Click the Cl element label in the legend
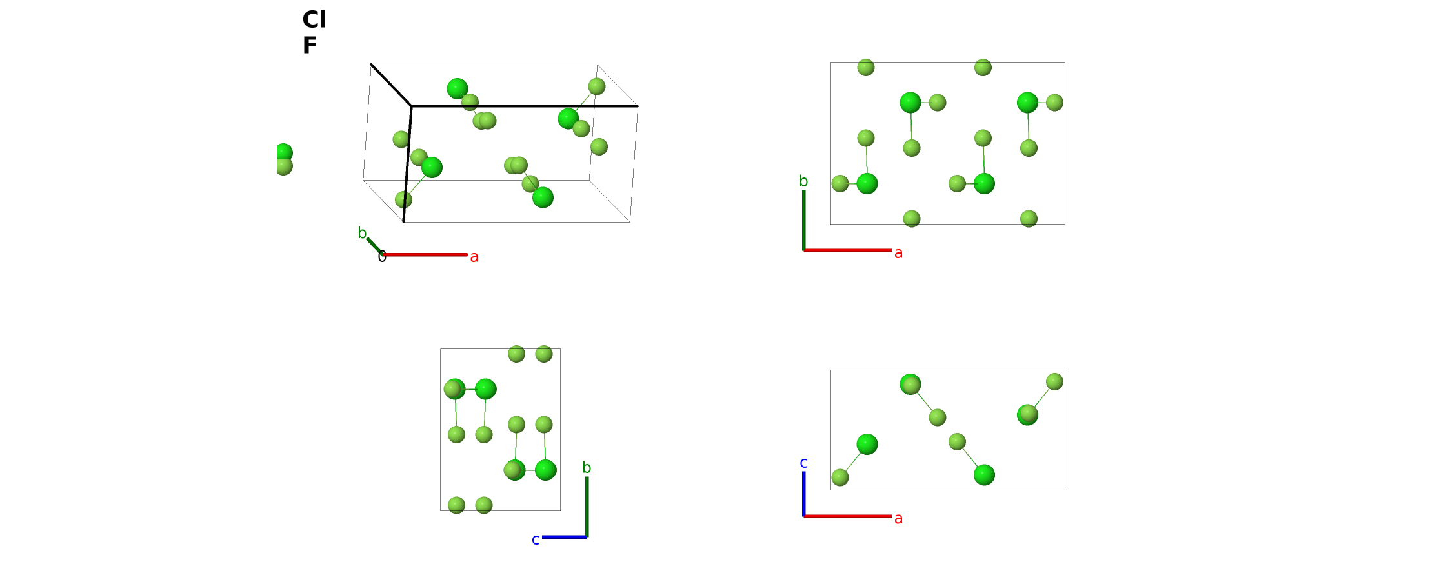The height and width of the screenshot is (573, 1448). pyautogui.click(x=314, y=20)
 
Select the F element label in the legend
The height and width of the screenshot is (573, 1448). pyautogui.click(x=310, y=46)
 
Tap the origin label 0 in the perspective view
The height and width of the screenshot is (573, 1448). pyautogui.click(x=382, y=257)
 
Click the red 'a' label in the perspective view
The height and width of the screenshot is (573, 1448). pyautogui.click(x=474, y=257)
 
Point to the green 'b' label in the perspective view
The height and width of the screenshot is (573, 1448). pyautogui.click(x=362, y=233)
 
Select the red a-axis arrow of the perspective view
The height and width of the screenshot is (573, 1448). pyautogui.click(x=425, y=255)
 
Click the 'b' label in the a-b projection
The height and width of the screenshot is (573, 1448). pyautogui.click(x=803, y=181)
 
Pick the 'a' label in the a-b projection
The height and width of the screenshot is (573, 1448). pyautogui.click(x=898, y=253)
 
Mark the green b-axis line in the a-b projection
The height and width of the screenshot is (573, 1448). pyautogui.click(x=803, y=220)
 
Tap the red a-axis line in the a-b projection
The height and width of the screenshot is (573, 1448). pyautogui.click(x=847, y=250)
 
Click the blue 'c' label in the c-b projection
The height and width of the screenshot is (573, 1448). pyautogui.click(x=536, y=539)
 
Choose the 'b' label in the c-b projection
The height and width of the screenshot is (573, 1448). pyautogui.click(x=587, y=468)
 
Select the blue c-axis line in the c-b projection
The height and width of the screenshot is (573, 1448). pyautogui.click(x=565, y=537)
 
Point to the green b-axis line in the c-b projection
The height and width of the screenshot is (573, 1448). pyautogui.click(x=587, y=507)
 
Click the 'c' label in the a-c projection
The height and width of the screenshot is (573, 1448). pyautogui.click(x=803, y=463)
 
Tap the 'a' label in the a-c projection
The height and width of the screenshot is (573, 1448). pyautogui.click(x=898, y=518)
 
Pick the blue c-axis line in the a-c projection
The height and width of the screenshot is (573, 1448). pyautogui.click(x=803, y=494)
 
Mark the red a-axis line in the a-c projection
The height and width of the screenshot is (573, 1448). pyautogui.click(x=847, y=516)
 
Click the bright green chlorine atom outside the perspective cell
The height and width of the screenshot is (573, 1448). pyautogui.click(x=284, y=152)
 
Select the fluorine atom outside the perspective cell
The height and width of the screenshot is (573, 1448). pyautogui.click(x=284, y=166)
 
